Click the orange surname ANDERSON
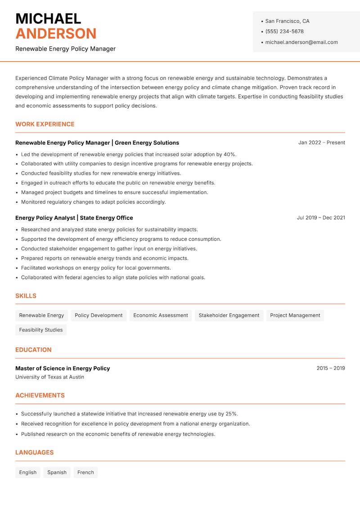pyautogui.click(x=56, y=34)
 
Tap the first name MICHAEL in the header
pyautogui.click(x=48, y=19)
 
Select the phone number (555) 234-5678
pyautogui.click(x=284, y=31)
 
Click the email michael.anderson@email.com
pyautogui.click(x=301, y=42)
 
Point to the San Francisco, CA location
pyautogui.click(x=287, y=21)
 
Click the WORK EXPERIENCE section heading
pyautogui.click(x=45, y=124)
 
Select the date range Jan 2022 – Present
pyautogui.click(x=321, y=143)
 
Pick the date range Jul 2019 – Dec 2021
pyautogui.click(x=321, y=218)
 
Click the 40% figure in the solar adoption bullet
pyautogui.click(x=230, y=154)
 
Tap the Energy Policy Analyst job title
pyautogui.click(x=45, y=218)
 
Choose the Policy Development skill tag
pyautogui.click(x=99, y=316)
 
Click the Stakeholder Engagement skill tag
pyautogui.click(x=229, y=316)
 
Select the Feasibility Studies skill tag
pyautogui.click(x=41, y=330)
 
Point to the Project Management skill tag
pyautogui.click(x=295, y=316)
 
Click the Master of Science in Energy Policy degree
pyautogui.click(x=63, y=368)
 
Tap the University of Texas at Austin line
pyautogui.click(x=49, y=377)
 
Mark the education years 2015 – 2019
pyautogui.click(x=330, y=368)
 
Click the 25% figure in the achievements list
pyautogui.click(x=231, y=414)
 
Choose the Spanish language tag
pyautogui.click(x=57, y=472)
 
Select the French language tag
pyautogui.click(x=85, y=472)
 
